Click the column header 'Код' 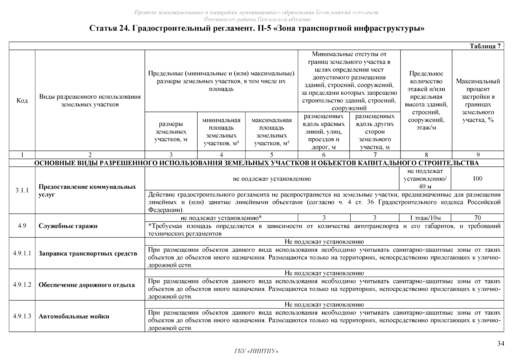click(x=22, y=100)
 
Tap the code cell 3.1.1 click(x=22, y=190)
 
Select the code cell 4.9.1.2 click(x=22, y=285)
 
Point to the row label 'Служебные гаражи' click(x=68, y=226)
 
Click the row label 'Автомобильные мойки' click(x=74, y=316)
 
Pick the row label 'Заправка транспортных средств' click(x=88, y=253)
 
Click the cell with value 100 click(x=477, y=178)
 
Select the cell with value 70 click(x=478, y=218)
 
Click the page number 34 click(x=501, y=344)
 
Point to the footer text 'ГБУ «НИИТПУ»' click(x=256, y=351)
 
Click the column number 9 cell click(x=478, y=155)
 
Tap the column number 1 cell click(x=22, y=155)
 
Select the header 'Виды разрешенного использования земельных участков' click(x=90, y=100)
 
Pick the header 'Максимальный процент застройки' click(x=478, y=100)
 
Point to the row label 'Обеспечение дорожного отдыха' click(x=87, y=285)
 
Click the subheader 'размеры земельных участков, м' click(x=171, y=132)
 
